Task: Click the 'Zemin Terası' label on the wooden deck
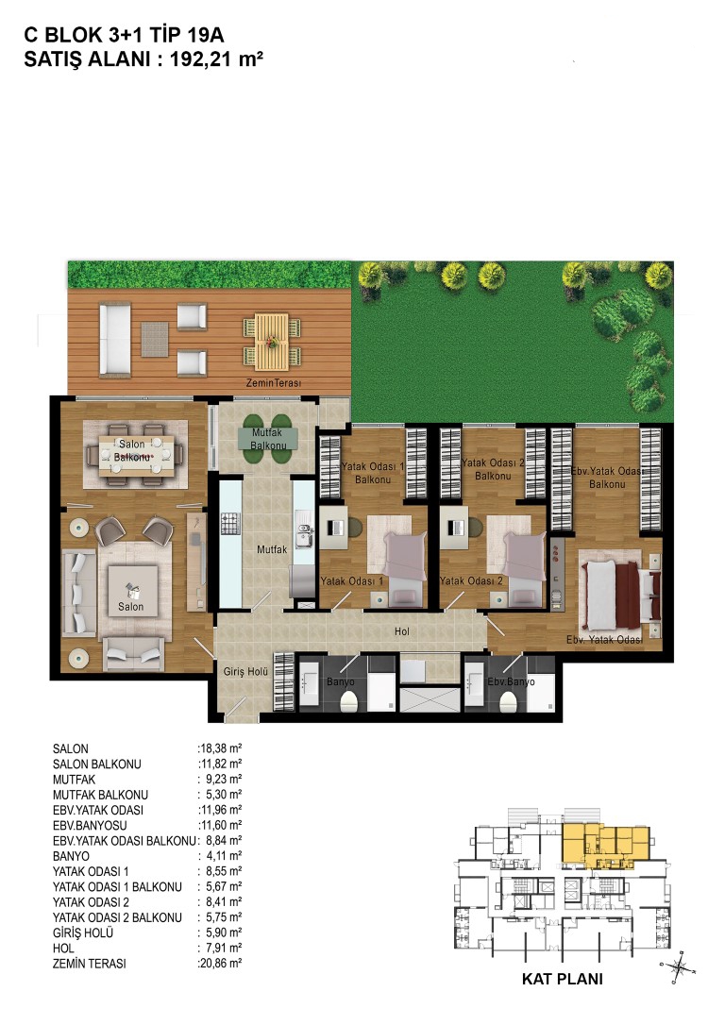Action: click(x=273, y=383)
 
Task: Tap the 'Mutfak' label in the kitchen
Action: click(x=272, y=549)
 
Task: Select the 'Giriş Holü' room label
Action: click(x=245, y=671)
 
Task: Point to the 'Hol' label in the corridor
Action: click(x=402, y=631)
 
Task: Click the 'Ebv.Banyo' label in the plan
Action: click(x=512, y=681)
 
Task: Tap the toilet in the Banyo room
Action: click(x=351, y=702)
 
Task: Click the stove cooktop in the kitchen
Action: click(x=230, y=524)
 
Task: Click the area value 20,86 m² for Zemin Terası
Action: click(x=220, y=963)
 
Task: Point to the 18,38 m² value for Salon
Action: click(x=220, y=748)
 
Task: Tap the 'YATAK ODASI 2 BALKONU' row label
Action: click(x=118, y=917)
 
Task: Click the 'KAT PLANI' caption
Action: click(x=563, y=980)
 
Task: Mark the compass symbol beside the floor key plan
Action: click(x=680, y=966)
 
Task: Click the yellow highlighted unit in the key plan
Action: click(x=606, y=843)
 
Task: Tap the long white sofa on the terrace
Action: click(x=115, y=340)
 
